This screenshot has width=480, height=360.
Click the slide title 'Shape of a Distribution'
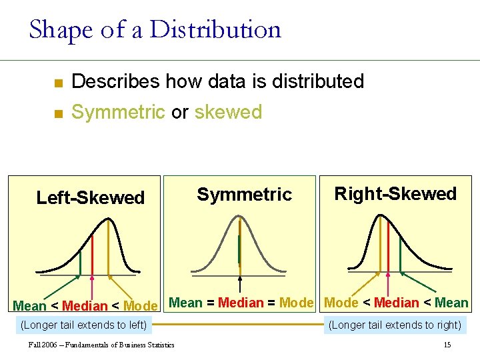[x=155, y=30]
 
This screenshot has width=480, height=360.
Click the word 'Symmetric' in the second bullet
[x=117, y=112]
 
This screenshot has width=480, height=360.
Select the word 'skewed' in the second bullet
[x=228, y=112]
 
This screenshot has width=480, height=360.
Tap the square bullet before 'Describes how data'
[x=58, y=83]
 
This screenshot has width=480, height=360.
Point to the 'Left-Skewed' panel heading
[x=90, y=197]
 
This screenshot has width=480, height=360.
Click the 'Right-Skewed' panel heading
[x=395, y=194]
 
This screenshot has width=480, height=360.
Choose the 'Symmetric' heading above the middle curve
[x=244, y=194]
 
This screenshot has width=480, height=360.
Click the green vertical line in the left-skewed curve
[x=80, y=262]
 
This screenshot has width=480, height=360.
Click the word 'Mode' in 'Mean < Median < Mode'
[x=141, y=306]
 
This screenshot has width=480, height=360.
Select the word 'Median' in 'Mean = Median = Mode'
[x=241, y=303]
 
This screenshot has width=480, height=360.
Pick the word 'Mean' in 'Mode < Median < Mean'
[x=451, y=303]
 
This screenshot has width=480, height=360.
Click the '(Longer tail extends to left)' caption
[x=85, y=325]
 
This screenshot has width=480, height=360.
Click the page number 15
[x=447, y=345]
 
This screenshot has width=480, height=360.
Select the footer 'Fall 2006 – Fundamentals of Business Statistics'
[x=101, y=345]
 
